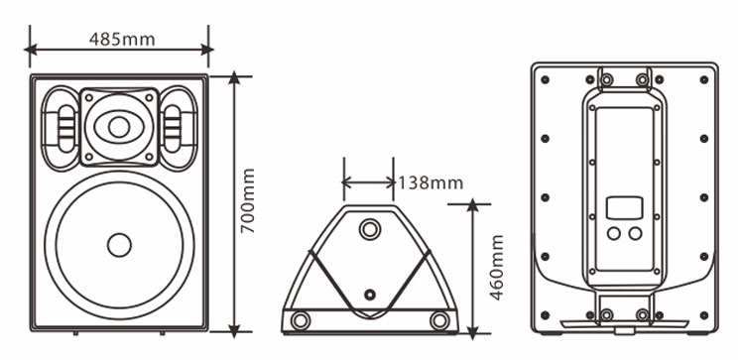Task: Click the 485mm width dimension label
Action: click(122, 39)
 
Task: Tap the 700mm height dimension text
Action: click(247, 200)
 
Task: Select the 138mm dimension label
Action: click(430, 182)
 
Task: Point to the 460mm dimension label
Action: click(496, 268)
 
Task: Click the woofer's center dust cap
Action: click(119, 245)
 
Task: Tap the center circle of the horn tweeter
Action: click(119, 127)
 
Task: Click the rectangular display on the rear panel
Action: click(624, 207)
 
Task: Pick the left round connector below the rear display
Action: click(614, 233)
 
